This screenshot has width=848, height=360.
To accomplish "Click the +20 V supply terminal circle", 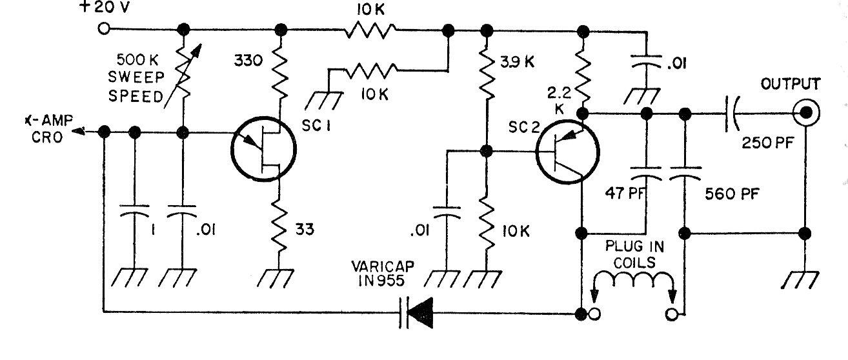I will (x=103, y=30).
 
